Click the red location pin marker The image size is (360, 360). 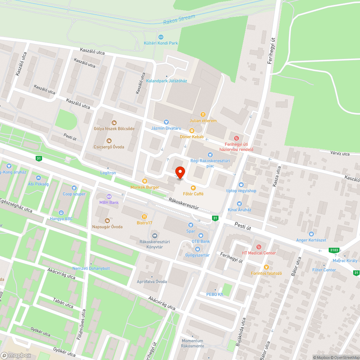(179, 172)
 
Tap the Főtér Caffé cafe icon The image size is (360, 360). (193, 188)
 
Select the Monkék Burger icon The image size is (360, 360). (145, 181)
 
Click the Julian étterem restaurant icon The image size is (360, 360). (203, 114)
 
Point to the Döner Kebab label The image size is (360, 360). (192, 137)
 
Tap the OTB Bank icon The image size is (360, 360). (201, 235)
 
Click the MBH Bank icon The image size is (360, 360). (109, 196)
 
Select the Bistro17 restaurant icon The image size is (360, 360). (144, 217)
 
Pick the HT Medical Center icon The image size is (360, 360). (258, 247)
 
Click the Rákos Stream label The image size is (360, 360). (179, 19)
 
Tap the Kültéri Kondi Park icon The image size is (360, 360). (161, 37)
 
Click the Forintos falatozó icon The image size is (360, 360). (266, 267)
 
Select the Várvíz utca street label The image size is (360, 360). (340, 154)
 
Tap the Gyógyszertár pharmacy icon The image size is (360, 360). (197, 249)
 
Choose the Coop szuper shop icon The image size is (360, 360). (74, 188)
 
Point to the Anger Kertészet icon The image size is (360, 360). (311, 234)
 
